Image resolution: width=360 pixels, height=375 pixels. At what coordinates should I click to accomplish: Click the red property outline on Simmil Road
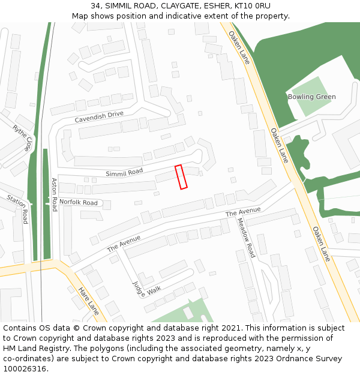[x=181, y=177]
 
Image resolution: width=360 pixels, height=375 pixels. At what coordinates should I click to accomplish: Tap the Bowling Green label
[x=311, y=97]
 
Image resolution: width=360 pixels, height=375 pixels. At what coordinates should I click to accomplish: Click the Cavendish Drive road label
[x=99, y=117]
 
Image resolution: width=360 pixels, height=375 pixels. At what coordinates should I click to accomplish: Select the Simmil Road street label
[x=124, y=172]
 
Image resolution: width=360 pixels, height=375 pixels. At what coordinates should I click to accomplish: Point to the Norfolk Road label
[x=78, y=203]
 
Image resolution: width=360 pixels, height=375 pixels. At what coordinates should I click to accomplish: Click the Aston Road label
[x=54, y=194]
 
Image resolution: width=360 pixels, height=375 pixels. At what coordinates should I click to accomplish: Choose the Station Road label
[x=18, y=208]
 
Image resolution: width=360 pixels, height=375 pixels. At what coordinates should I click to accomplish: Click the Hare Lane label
[x=88, y=301]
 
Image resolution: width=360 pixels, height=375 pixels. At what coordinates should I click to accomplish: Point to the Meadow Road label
[x=246, y=238]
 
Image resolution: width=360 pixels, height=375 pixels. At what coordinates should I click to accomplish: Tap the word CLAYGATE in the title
[x=180, y=6]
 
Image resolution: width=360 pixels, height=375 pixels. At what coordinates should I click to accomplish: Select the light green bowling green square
[x=310, y=96]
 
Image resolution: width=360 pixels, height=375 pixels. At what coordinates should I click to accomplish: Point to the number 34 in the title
[x=96, y=6]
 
